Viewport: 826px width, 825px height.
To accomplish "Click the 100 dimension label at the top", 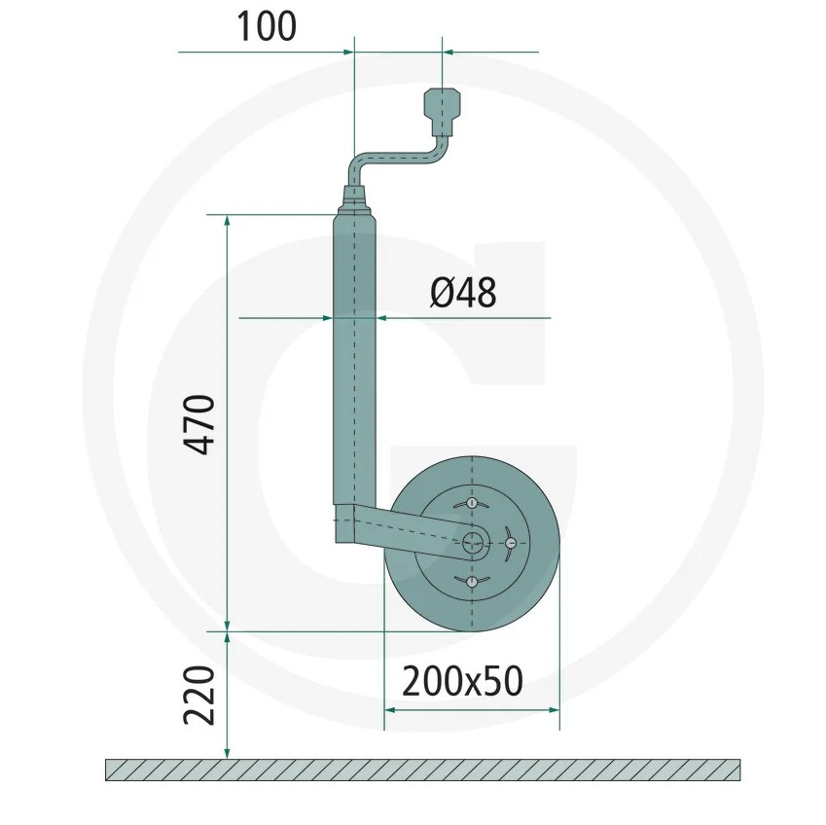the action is click(x=267, y=27).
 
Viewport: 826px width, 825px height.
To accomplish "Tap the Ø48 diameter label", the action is click(x=463, y=293).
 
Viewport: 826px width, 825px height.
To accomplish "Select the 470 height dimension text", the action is click(x=199, y=424).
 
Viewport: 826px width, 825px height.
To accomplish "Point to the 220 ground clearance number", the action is click(x=199, y=696).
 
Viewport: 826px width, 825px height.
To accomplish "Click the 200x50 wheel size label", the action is click(x=462, y=681).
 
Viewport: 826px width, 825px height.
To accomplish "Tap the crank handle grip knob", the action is click(x=442, y=111).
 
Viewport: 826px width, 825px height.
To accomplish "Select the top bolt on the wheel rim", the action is click(x=472, y=503).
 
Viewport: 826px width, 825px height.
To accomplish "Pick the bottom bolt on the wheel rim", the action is click(x=472, y=582).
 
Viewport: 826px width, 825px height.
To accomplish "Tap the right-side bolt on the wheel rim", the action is click(x=511, y=543).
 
